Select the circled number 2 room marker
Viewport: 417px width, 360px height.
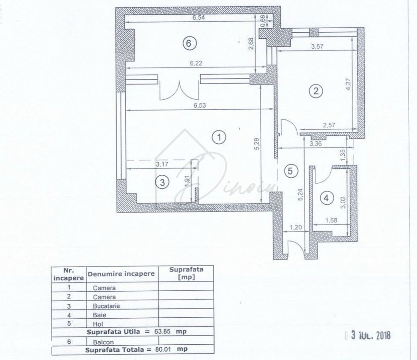click(316, 91)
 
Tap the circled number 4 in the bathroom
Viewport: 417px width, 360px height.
click(326, 198)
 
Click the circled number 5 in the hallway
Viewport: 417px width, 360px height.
click(290, 171)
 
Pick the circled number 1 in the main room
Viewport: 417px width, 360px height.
click(219, 138)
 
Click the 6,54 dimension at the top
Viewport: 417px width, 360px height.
click(198, 18)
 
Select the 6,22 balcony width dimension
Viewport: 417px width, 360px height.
click(196, 63)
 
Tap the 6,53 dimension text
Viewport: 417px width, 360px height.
click(200, 105)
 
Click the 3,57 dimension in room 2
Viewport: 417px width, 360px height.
click(317, 47)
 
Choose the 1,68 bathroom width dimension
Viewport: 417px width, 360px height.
click(331, 220)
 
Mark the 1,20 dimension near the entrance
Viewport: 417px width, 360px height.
click(296, 227)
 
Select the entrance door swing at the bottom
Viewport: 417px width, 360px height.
click(296, 247)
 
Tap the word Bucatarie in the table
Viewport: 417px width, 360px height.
click(106, 306)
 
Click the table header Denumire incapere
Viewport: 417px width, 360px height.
click(121, 274)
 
